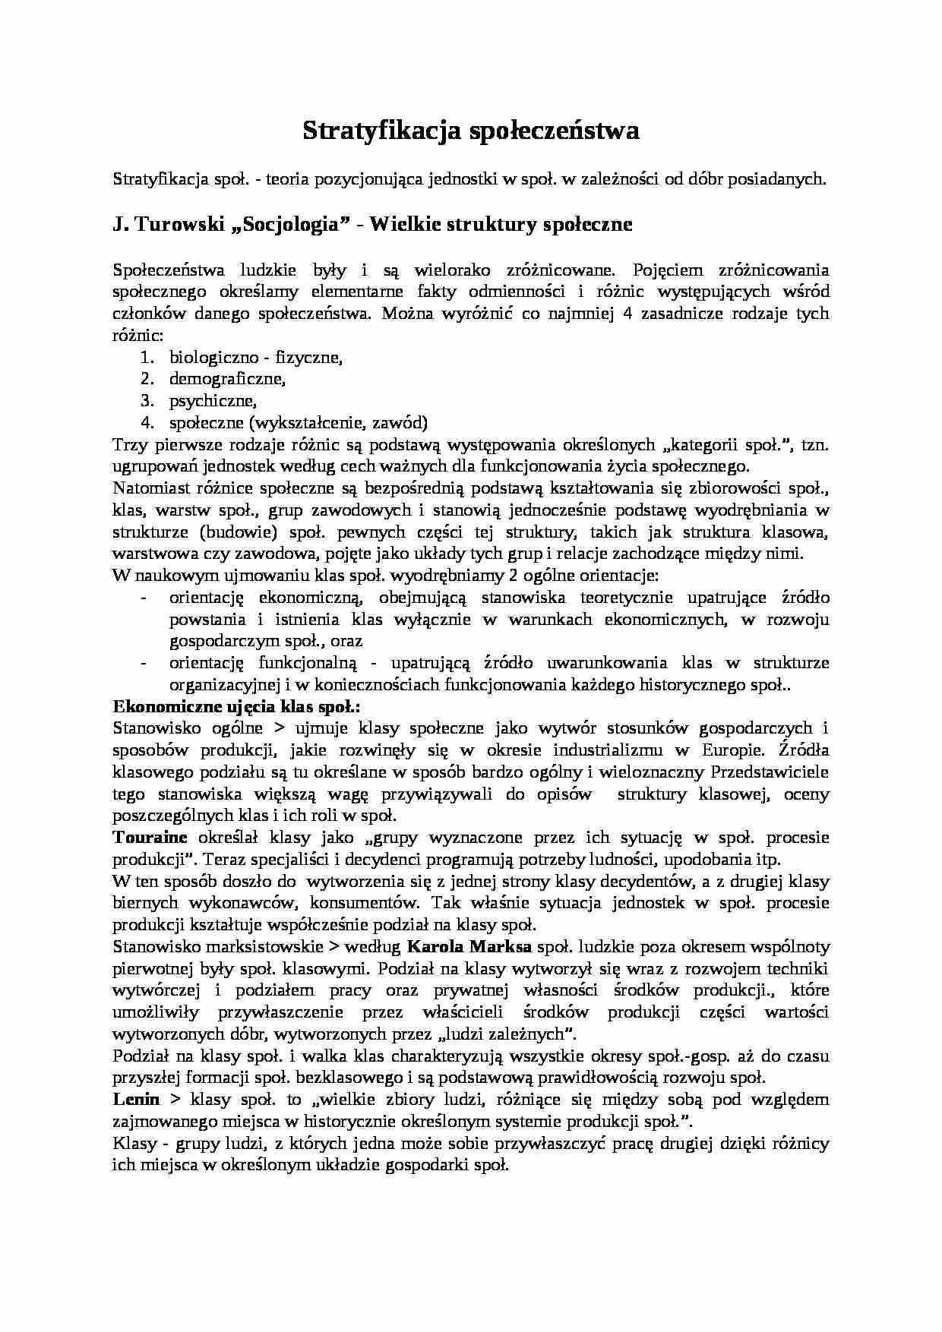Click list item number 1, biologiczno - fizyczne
click(255, 357)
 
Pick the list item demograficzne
click(226, 378)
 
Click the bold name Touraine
click(150, 838)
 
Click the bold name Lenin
click(136, 1100)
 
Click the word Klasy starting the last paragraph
click(134, 1144)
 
